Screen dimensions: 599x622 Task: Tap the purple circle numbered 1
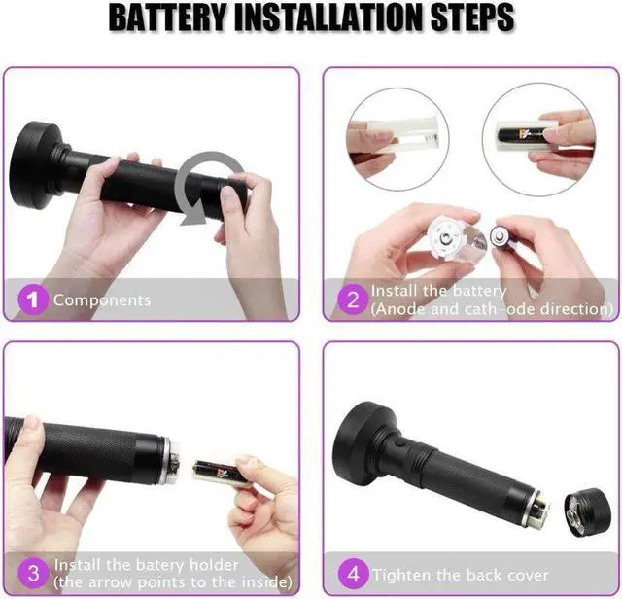34,299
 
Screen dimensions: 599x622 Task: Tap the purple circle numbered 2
353,299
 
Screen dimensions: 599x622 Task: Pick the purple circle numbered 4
353,574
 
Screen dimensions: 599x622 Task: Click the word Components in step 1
102,300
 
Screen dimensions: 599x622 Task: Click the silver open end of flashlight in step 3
167,460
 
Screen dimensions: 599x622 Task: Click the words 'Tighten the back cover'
461,575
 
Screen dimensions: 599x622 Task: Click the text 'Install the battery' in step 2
438,291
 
